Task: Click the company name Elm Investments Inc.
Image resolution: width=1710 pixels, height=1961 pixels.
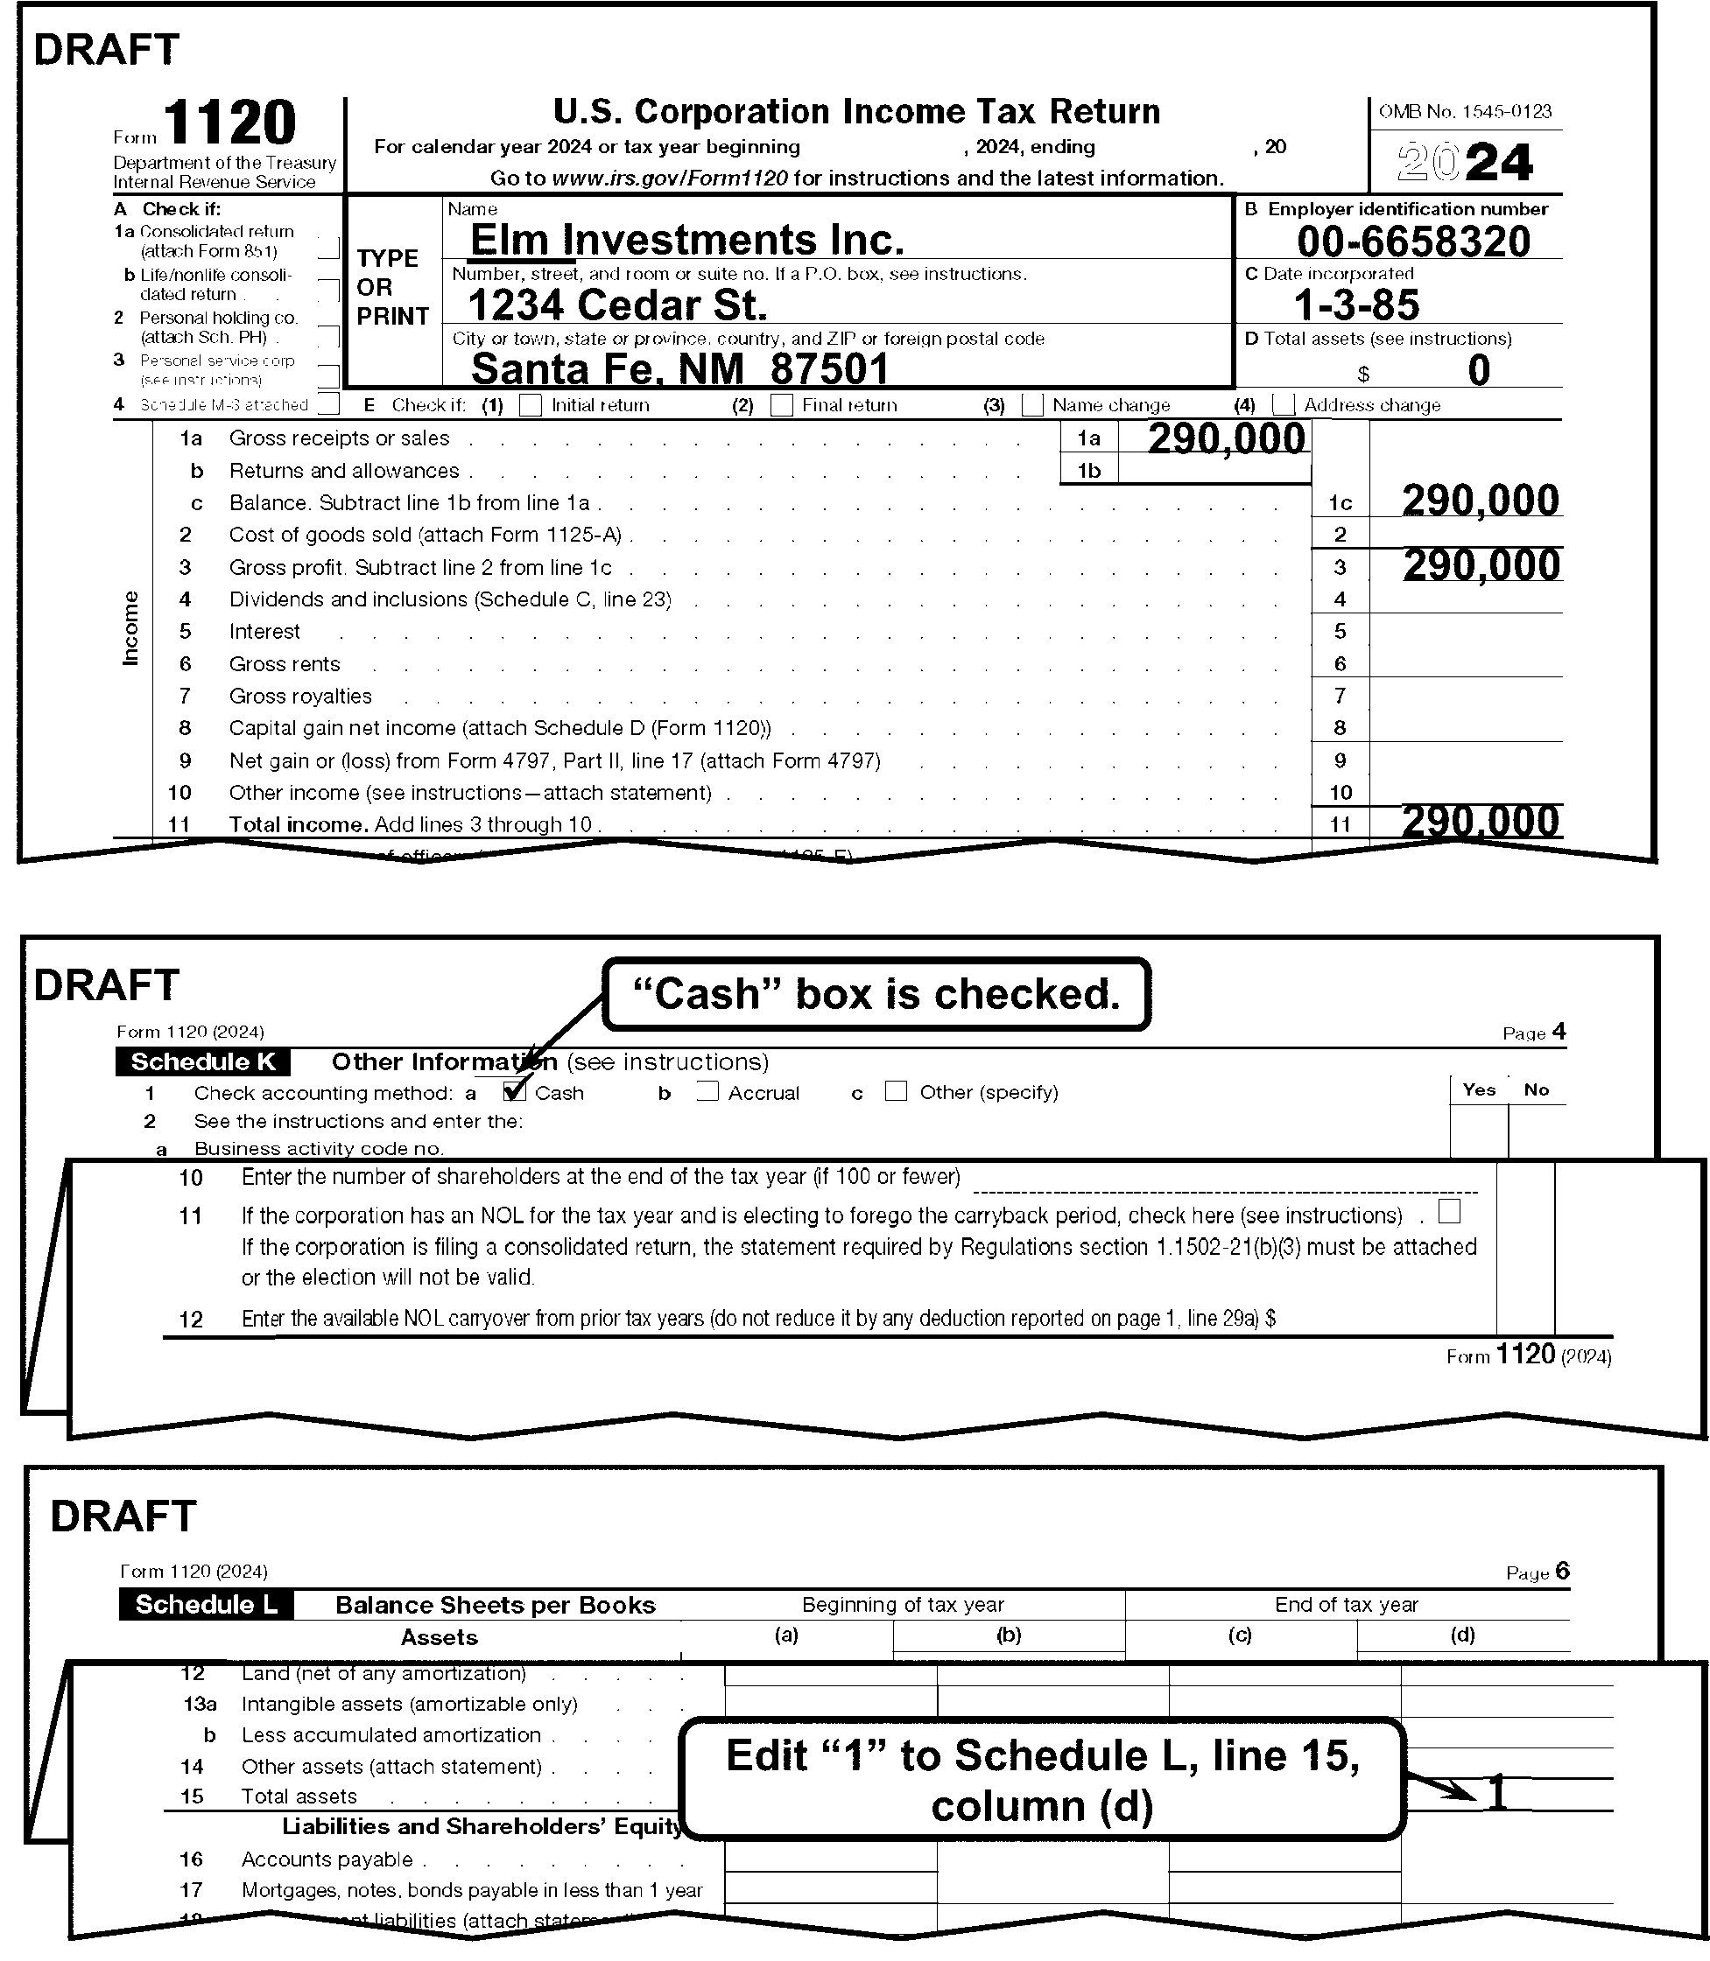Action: (x=686, y=240)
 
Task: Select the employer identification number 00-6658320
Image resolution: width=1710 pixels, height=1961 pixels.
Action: (x=1413, y=242)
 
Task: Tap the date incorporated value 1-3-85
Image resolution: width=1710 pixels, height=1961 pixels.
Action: (x=1356, y=305)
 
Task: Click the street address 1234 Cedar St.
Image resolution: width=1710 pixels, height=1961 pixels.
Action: (x=617, y=305)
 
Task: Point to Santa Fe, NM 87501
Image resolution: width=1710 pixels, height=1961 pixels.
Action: (x=679, y=369)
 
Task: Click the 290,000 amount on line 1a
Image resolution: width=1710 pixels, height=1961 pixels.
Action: (x=1226, y=438)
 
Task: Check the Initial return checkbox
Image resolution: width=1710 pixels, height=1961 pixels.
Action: (x=531, y=405)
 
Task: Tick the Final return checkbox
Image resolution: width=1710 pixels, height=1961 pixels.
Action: (x=782, y=405)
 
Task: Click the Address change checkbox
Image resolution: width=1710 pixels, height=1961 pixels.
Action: (x=1284, y=405)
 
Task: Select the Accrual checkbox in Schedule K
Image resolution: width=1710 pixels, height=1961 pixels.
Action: (x=707, y=1091)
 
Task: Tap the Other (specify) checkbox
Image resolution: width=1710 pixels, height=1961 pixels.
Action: (x=896, y=1091)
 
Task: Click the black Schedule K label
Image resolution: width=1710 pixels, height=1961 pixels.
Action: (x=202, y=1061)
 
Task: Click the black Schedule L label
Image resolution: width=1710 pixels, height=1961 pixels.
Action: (x=206, y=1604)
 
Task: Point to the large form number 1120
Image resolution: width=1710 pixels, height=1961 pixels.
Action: (x=230, y=124)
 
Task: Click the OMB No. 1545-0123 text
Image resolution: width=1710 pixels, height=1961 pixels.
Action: (x=1465, y=112)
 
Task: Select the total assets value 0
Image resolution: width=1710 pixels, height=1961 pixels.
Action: (x=1478, y=370)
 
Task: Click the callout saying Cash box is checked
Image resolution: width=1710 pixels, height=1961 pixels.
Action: (x=876, y=994)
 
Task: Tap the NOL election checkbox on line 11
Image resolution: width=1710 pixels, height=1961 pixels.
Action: (x=1448, y=1211)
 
